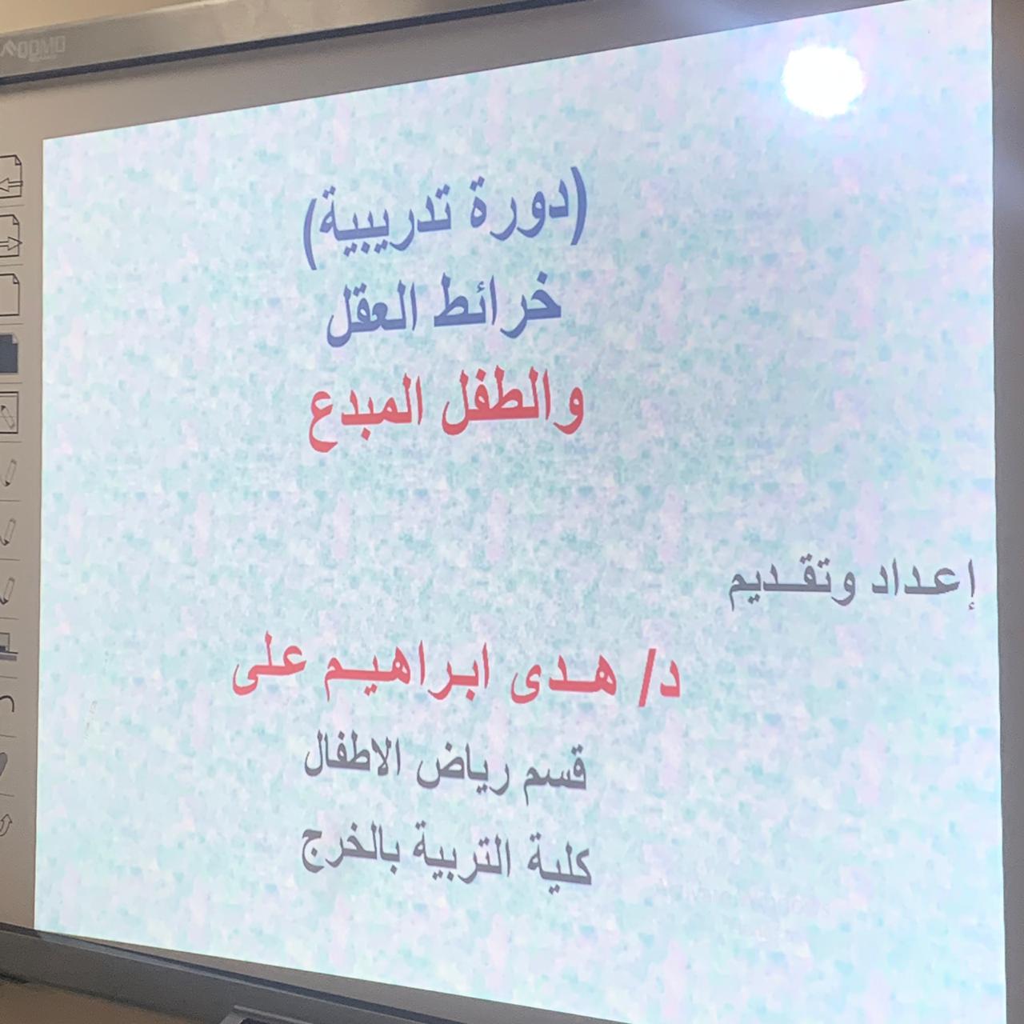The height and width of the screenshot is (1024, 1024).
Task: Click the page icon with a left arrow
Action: click(10, 178)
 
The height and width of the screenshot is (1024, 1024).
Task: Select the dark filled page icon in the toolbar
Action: click(9, 354)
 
